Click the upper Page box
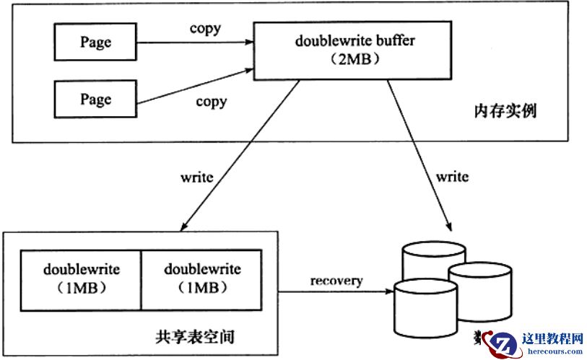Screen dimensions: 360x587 [95, 42]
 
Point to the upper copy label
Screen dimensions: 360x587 [205, 29]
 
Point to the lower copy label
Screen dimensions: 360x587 [211, 101]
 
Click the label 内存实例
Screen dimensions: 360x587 [505, 112]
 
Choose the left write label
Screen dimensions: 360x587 [197, 177]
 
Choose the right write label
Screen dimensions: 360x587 [453, 176]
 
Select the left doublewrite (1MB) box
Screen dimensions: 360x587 [82, 278]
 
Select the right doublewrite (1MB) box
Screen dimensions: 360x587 [202, 278]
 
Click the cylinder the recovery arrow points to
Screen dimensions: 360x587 [427, 307]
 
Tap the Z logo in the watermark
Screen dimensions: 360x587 [505, 344]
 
